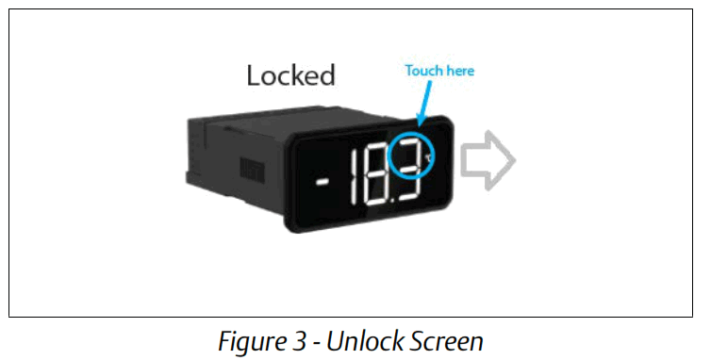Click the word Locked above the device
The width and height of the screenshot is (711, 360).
pyautogui.click(x=290, y=76)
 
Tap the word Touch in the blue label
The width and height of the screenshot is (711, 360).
pyautogui.click(x=422, y=71)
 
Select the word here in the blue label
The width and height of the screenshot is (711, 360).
pyautogui.click(x=458, y=71)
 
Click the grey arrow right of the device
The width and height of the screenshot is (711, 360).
pyautogui.click(x=491, y=161)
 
